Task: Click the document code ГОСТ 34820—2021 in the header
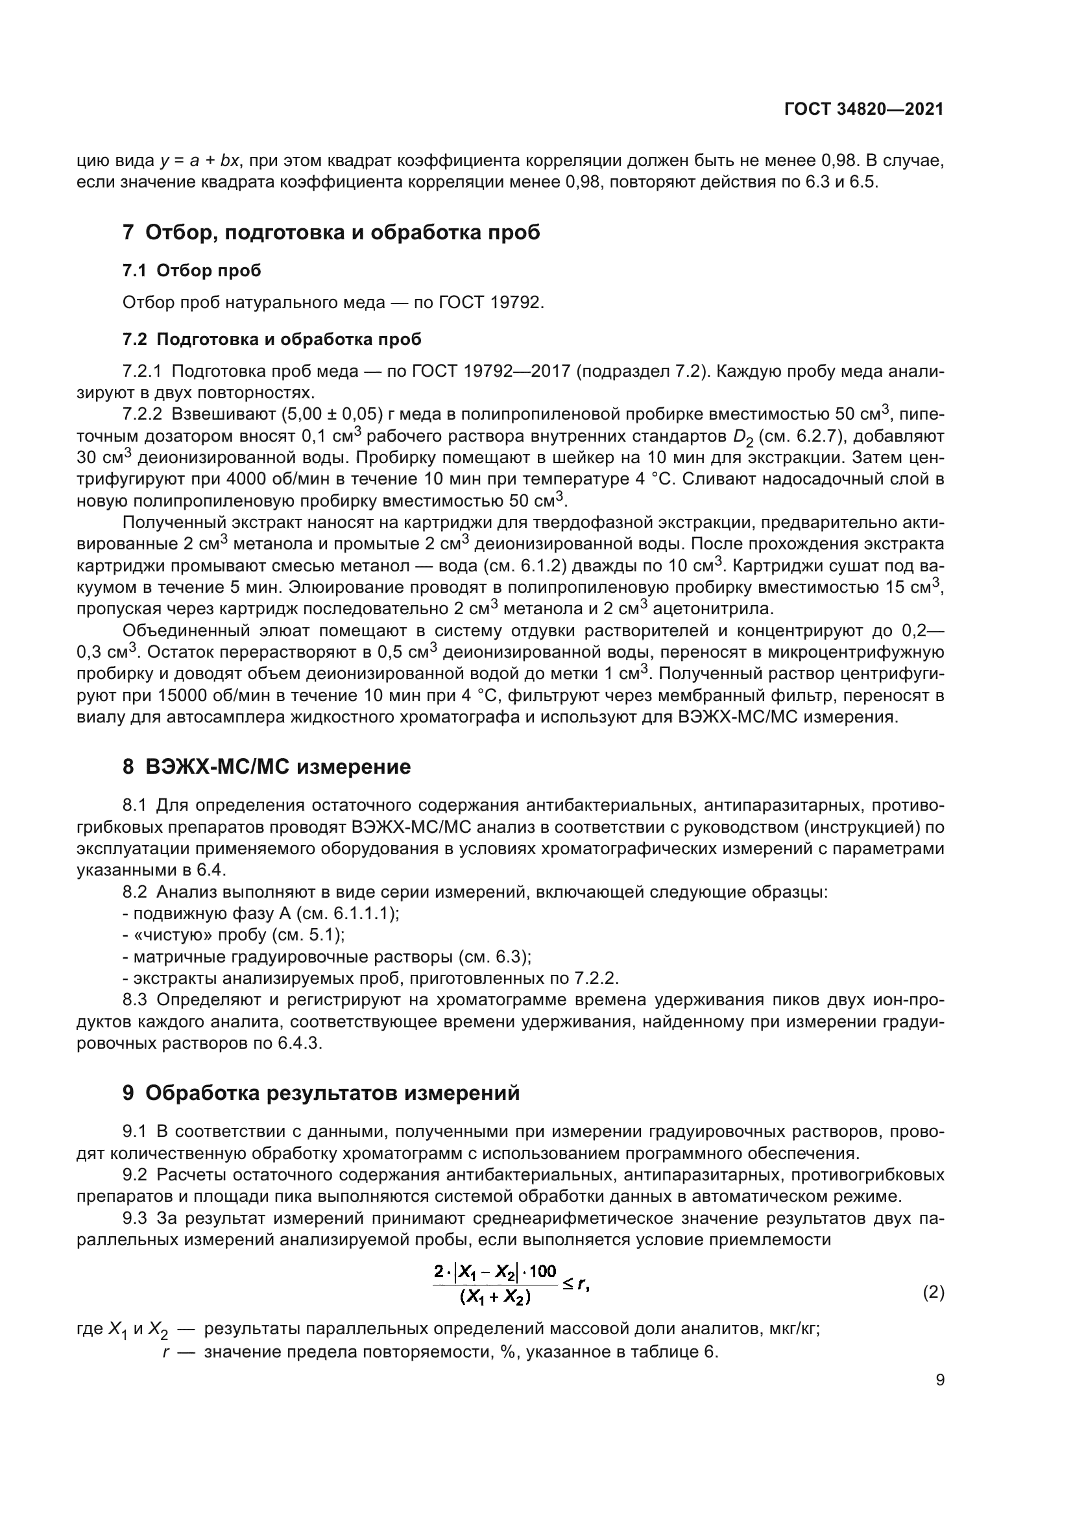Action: (x=863, y=110)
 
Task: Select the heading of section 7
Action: (x=331, y=233)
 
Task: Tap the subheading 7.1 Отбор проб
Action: (x=191, y=270)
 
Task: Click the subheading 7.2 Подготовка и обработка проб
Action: (x=272, y=340)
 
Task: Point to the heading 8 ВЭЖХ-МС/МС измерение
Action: (x=266, y=767)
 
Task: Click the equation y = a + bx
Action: (x=200, y=161)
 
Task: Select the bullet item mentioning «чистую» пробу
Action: (x=235, y=935)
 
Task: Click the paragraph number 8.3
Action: (x=136, y=999)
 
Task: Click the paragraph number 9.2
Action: (x=136, y=1175)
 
